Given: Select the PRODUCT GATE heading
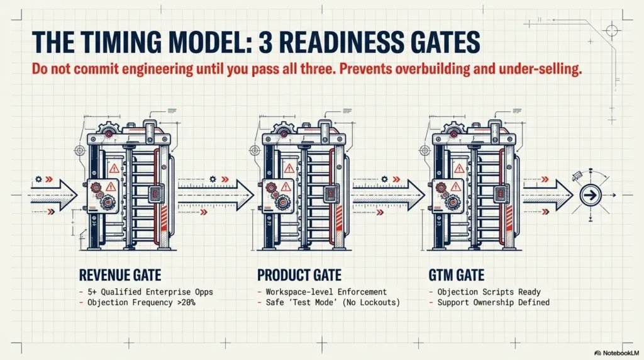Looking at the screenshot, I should pos(299,275).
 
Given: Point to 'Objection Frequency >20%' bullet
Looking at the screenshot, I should pos(136,302).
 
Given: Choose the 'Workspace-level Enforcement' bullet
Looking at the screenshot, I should pos(323,291).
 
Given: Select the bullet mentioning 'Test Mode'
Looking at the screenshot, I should pos(328,302).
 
